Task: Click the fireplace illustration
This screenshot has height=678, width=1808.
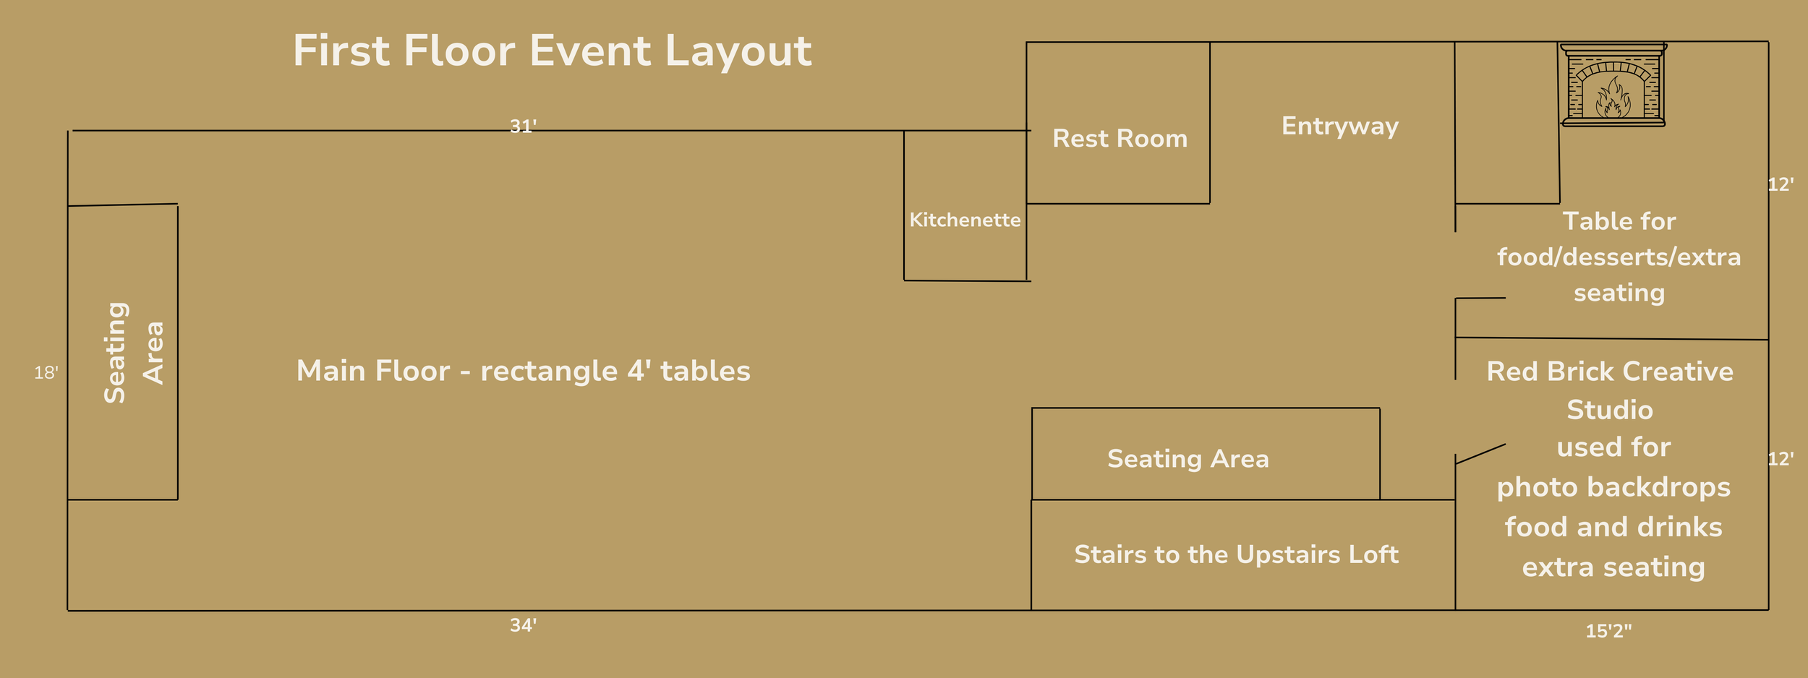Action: coord(1613,85)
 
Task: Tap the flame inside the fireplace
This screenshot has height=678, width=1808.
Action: coord(1613,99)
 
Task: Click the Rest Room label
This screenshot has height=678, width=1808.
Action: coord(1120,138)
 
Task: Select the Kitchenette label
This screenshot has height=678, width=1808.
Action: coord(965,220)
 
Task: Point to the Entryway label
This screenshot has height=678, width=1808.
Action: coord(1340,126)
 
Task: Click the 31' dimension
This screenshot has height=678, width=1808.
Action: coord(523,126)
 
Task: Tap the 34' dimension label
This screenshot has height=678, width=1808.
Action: coord(523,625)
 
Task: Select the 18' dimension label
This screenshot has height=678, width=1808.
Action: coord(46,373)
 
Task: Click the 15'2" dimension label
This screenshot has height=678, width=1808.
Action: coord(1608,631)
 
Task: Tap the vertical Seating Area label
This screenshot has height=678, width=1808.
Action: coord(135,353)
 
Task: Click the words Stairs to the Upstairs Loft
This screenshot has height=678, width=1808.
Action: coord(1236,554)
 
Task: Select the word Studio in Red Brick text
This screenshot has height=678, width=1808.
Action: coord(1610,410)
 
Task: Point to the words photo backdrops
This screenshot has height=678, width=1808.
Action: coord(1613,487)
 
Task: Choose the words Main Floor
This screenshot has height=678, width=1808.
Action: coord(372,371)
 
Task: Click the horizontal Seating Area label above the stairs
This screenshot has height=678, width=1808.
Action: coord(1187,459)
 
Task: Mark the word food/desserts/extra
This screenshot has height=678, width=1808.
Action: coord(1619,257)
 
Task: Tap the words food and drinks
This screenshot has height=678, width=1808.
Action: coord(1613,527)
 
